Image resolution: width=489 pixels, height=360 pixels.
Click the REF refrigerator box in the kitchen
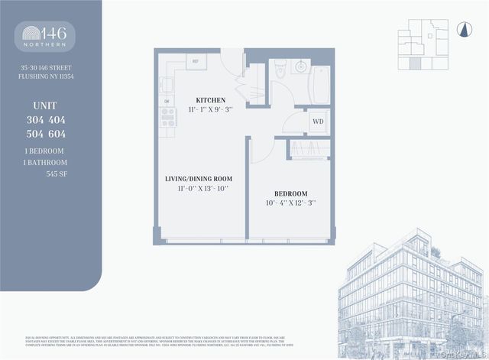click(196, 60)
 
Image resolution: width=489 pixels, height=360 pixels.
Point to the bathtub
click(319, 79)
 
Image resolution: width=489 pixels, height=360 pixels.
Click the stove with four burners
click(167, 117)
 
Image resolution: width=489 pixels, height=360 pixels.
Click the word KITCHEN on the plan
click(210, 100)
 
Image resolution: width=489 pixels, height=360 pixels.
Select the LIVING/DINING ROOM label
click(197, 179)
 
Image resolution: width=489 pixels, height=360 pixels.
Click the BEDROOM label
click(291, 193)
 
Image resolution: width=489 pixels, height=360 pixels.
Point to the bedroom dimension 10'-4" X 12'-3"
click(291, 203)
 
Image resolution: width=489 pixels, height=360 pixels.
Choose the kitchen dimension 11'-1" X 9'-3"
click(210, 110)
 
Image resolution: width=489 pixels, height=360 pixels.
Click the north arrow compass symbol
click(461, 29)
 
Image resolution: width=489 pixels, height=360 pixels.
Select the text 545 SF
click(57, 174)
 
